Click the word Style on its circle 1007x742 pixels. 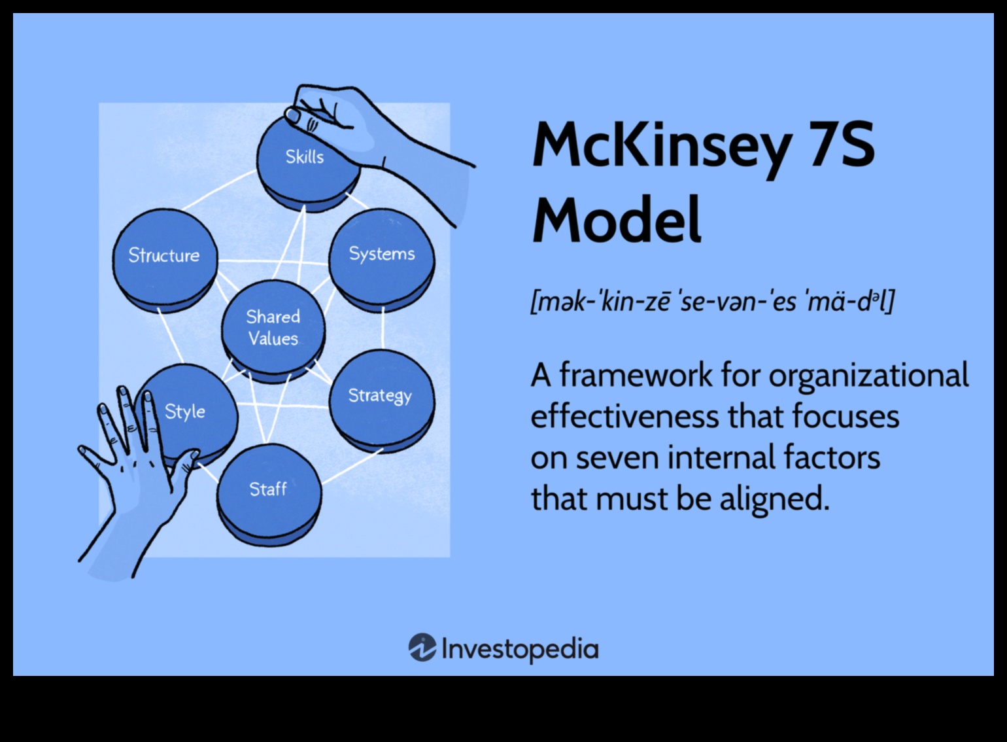[x=185, y=412]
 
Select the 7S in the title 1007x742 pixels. [x=839, y=145]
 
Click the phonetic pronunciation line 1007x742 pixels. [x=712, y=302]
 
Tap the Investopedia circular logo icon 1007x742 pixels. [x=422, y=648]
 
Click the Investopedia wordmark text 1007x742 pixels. [x=520, y=650]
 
